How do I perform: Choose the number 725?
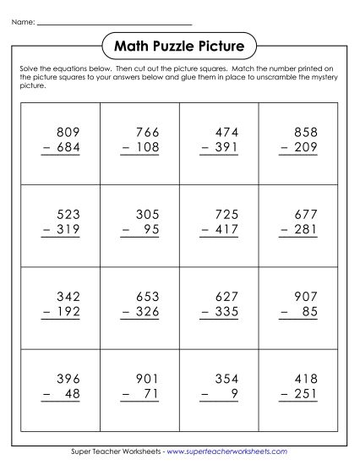click(x=227, y=214)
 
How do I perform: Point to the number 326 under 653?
click(x=147, y=311)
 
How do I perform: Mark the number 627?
click(x=227, y=296)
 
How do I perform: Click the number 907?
click(x=308, y=296)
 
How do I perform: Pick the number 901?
click(x=147, y=378)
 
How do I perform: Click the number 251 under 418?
click(x=308, y=393)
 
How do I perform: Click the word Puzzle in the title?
click(x=180, y=44)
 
